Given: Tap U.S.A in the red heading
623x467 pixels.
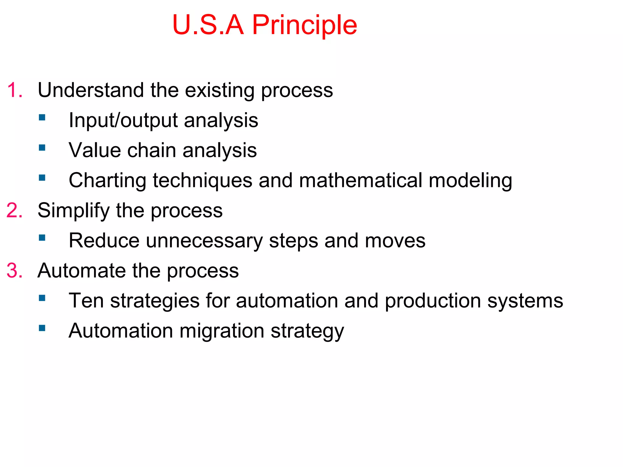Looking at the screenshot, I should point(208,25).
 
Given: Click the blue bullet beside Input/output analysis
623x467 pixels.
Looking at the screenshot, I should point(42,118).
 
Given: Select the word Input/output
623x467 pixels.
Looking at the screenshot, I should point(123,120).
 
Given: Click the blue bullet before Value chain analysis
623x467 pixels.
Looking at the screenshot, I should point(42,148).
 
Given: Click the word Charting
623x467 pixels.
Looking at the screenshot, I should point(107,181).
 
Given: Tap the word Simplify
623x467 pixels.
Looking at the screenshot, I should point(73,211).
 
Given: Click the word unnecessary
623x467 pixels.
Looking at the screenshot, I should point(204,241).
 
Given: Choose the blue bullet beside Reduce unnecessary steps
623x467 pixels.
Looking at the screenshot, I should point(42,238).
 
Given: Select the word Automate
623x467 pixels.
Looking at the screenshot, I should point(82,271).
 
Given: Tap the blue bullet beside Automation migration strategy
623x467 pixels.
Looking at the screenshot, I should point(42,328).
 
